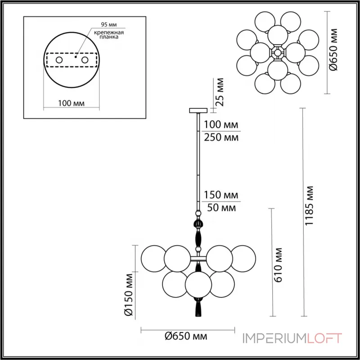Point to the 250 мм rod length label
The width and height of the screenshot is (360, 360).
(221, 137)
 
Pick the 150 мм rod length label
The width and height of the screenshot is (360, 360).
(221, 196)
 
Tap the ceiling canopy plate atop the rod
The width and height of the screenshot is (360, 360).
(197, 110)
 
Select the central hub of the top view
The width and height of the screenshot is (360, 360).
(278, 53)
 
